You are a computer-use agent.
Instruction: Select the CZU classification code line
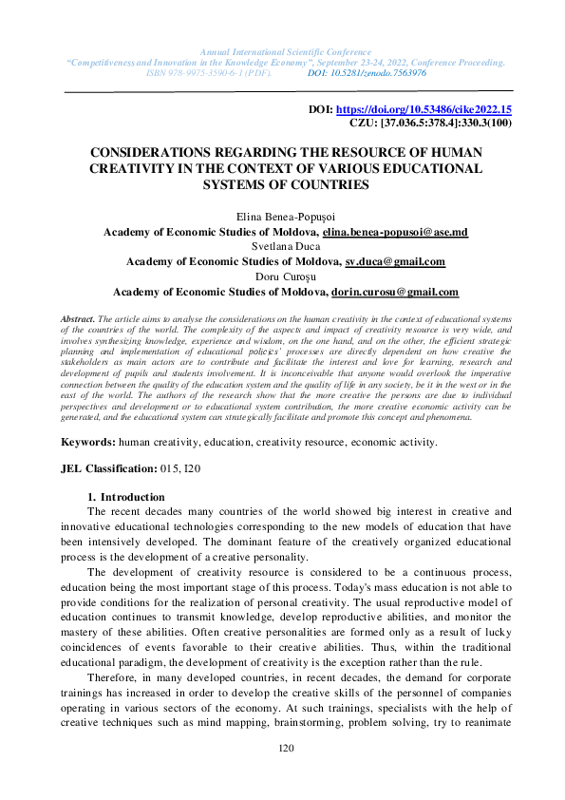point(431,124)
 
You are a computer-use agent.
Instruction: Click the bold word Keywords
point(88,443)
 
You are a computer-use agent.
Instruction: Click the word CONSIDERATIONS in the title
point(161,152)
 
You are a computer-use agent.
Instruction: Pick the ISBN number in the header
point(209,72)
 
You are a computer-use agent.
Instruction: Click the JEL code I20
point(192,469)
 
